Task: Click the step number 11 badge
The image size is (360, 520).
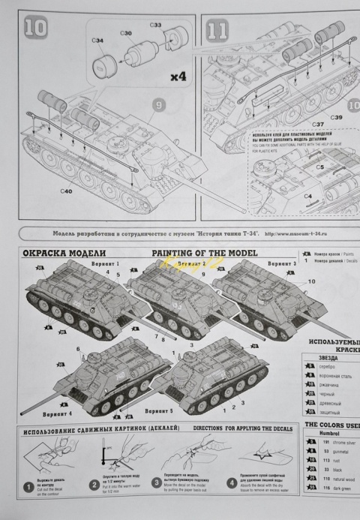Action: pos(218,31)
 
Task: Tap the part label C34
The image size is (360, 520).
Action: pos(97,39)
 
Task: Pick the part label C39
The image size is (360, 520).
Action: pos(335,118)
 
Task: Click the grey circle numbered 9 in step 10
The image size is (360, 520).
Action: pos(158,106)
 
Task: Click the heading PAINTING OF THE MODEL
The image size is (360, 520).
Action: pos(205,253)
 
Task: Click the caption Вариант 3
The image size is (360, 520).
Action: pos(283,264)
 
